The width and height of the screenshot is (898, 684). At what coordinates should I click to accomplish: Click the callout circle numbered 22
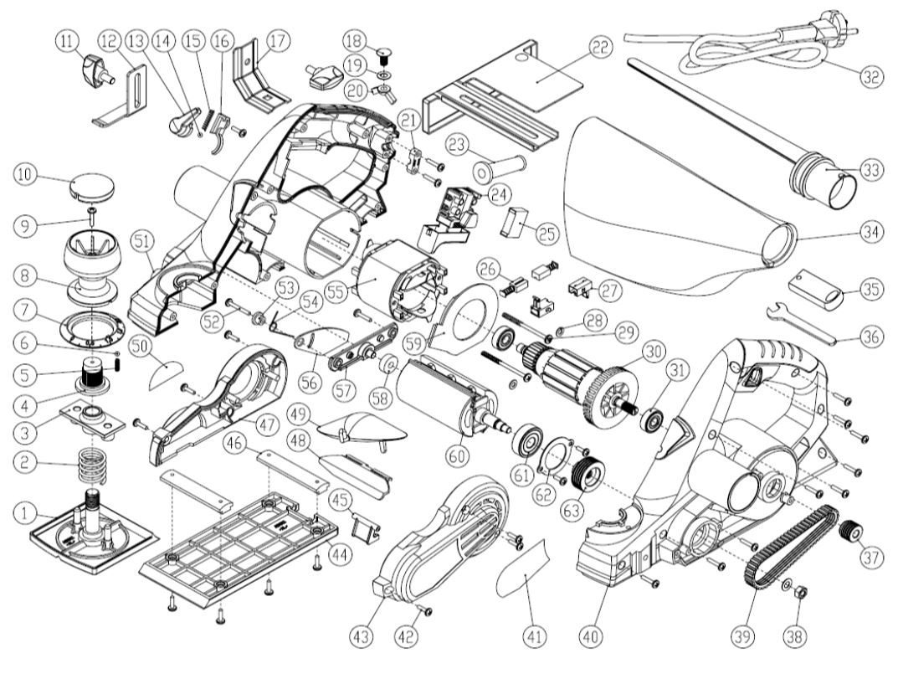tap(598, 49)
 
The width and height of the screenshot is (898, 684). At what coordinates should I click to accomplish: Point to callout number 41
tap(533, 636)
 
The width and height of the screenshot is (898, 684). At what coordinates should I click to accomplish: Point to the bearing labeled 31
tap(652, 421)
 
